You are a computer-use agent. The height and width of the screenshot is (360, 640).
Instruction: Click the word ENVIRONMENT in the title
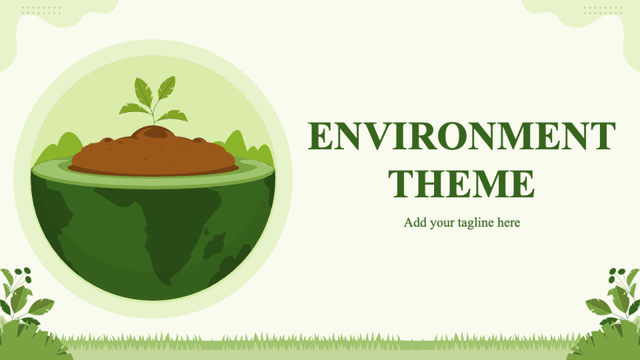461,136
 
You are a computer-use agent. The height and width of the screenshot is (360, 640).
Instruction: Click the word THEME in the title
461,184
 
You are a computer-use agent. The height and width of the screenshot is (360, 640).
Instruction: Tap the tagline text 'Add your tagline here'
461,223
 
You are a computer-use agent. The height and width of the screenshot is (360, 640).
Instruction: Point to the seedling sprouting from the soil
153,101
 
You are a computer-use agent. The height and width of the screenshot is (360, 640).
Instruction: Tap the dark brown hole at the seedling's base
155,132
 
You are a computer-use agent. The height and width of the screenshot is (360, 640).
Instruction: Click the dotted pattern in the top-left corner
41,10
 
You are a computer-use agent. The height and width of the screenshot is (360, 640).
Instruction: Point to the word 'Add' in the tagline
415,223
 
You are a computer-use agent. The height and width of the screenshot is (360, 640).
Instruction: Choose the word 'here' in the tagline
509,223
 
